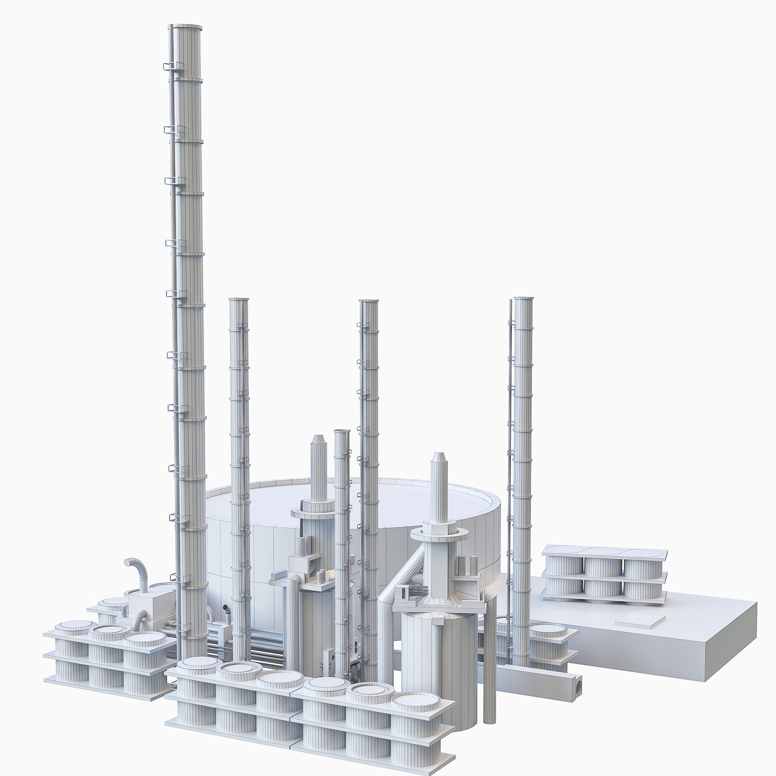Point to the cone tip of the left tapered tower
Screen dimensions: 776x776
(x=318, y=436)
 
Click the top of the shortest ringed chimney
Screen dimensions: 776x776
(x=341, y=431)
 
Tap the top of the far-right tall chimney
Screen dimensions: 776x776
(x=523, y=299)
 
